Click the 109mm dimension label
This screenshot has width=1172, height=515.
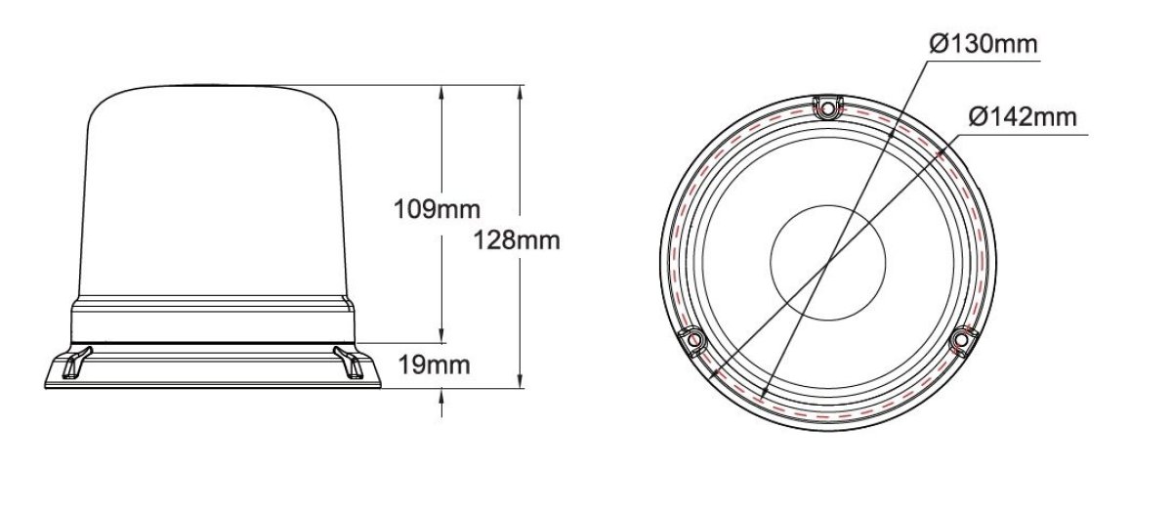point(437,209)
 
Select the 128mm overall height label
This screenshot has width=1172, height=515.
point(517,240)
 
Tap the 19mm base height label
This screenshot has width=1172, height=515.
point(435,365)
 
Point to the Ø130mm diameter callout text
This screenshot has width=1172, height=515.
point(984,44)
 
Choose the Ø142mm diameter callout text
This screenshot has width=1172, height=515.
point(1023,116)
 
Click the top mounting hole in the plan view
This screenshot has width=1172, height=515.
point(828,108)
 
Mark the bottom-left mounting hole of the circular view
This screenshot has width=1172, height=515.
point(693,340)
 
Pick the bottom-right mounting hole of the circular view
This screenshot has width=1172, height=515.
point(961,340)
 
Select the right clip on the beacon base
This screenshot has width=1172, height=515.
point(349,362)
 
